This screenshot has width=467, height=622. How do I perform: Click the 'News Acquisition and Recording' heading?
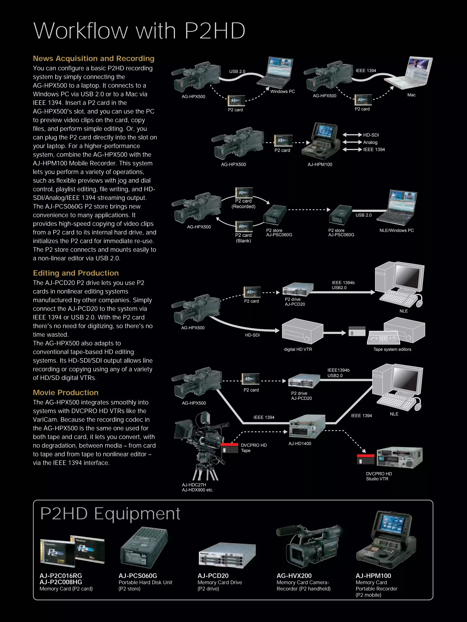(x=93, y=58)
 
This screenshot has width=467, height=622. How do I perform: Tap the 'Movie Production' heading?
(x=65, y=392)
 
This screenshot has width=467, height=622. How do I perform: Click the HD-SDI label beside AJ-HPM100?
(x=371, y=135)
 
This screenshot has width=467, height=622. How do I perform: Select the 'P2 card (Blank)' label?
(x=243, y=238)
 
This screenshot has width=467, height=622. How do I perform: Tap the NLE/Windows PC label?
(x=397, y=230)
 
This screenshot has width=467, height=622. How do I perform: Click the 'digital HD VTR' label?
(x=298, y=349)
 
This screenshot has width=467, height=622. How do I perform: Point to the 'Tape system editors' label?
(x=392, y=349)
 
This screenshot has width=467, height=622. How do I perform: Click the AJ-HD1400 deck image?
(x=307, y=426)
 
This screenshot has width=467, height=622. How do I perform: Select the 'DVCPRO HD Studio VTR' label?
(x=379, y=476)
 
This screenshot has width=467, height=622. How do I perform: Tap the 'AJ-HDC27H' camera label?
(x=194, y=485)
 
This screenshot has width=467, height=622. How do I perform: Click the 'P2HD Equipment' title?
(x=110, y=514)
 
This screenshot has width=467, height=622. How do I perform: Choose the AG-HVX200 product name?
(x=294, y=576)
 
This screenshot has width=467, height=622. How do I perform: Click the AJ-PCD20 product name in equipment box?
(x=213, y=576)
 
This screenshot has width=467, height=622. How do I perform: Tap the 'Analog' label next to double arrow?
(x=370, y=142)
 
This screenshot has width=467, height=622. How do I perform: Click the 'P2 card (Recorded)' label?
(x=243, y=204)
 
